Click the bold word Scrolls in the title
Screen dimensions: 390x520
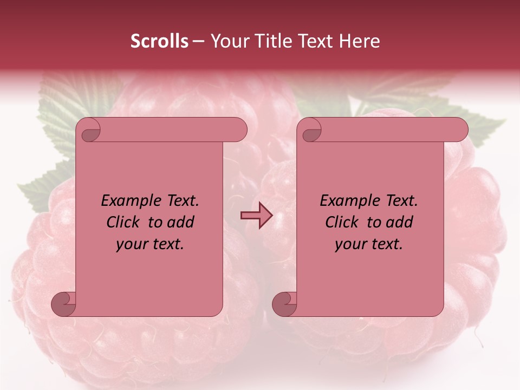pyautogui.click(x=160, y=41)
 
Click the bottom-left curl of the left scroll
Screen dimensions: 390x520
pyautogui.click(x=63, y=303)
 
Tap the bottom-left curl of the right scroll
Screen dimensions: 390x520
pyautogui.click(x=284, y=303)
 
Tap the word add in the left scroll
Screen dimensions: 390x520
pyautogui.click(x=180, y=222)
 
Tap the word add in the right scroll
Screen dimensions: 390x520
pyautogui.click(x=399, y=222)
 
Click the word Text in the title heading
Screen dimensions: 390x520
pyautogui.click(x=314, y=41)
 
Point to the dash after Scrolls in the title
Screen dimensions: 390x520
pyautogui.click(x=198, y=41)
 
